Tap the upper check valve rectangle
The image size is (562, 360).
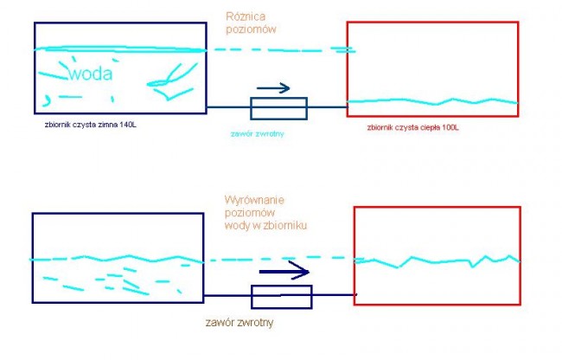coord(278,108)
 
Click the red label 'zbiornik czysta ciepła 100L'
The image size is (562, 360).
coord(412,127)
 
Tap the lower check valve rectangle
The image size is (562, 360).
coord(281,297)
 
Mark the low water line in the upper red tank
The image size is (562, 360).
coord(432,102)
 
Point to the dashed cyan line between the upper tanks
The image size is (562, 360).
coord(277,50)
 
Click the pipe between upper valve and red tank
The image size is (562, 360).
coord(327,108)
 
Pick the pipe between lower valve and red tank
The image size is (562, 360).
coord(333,296)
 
